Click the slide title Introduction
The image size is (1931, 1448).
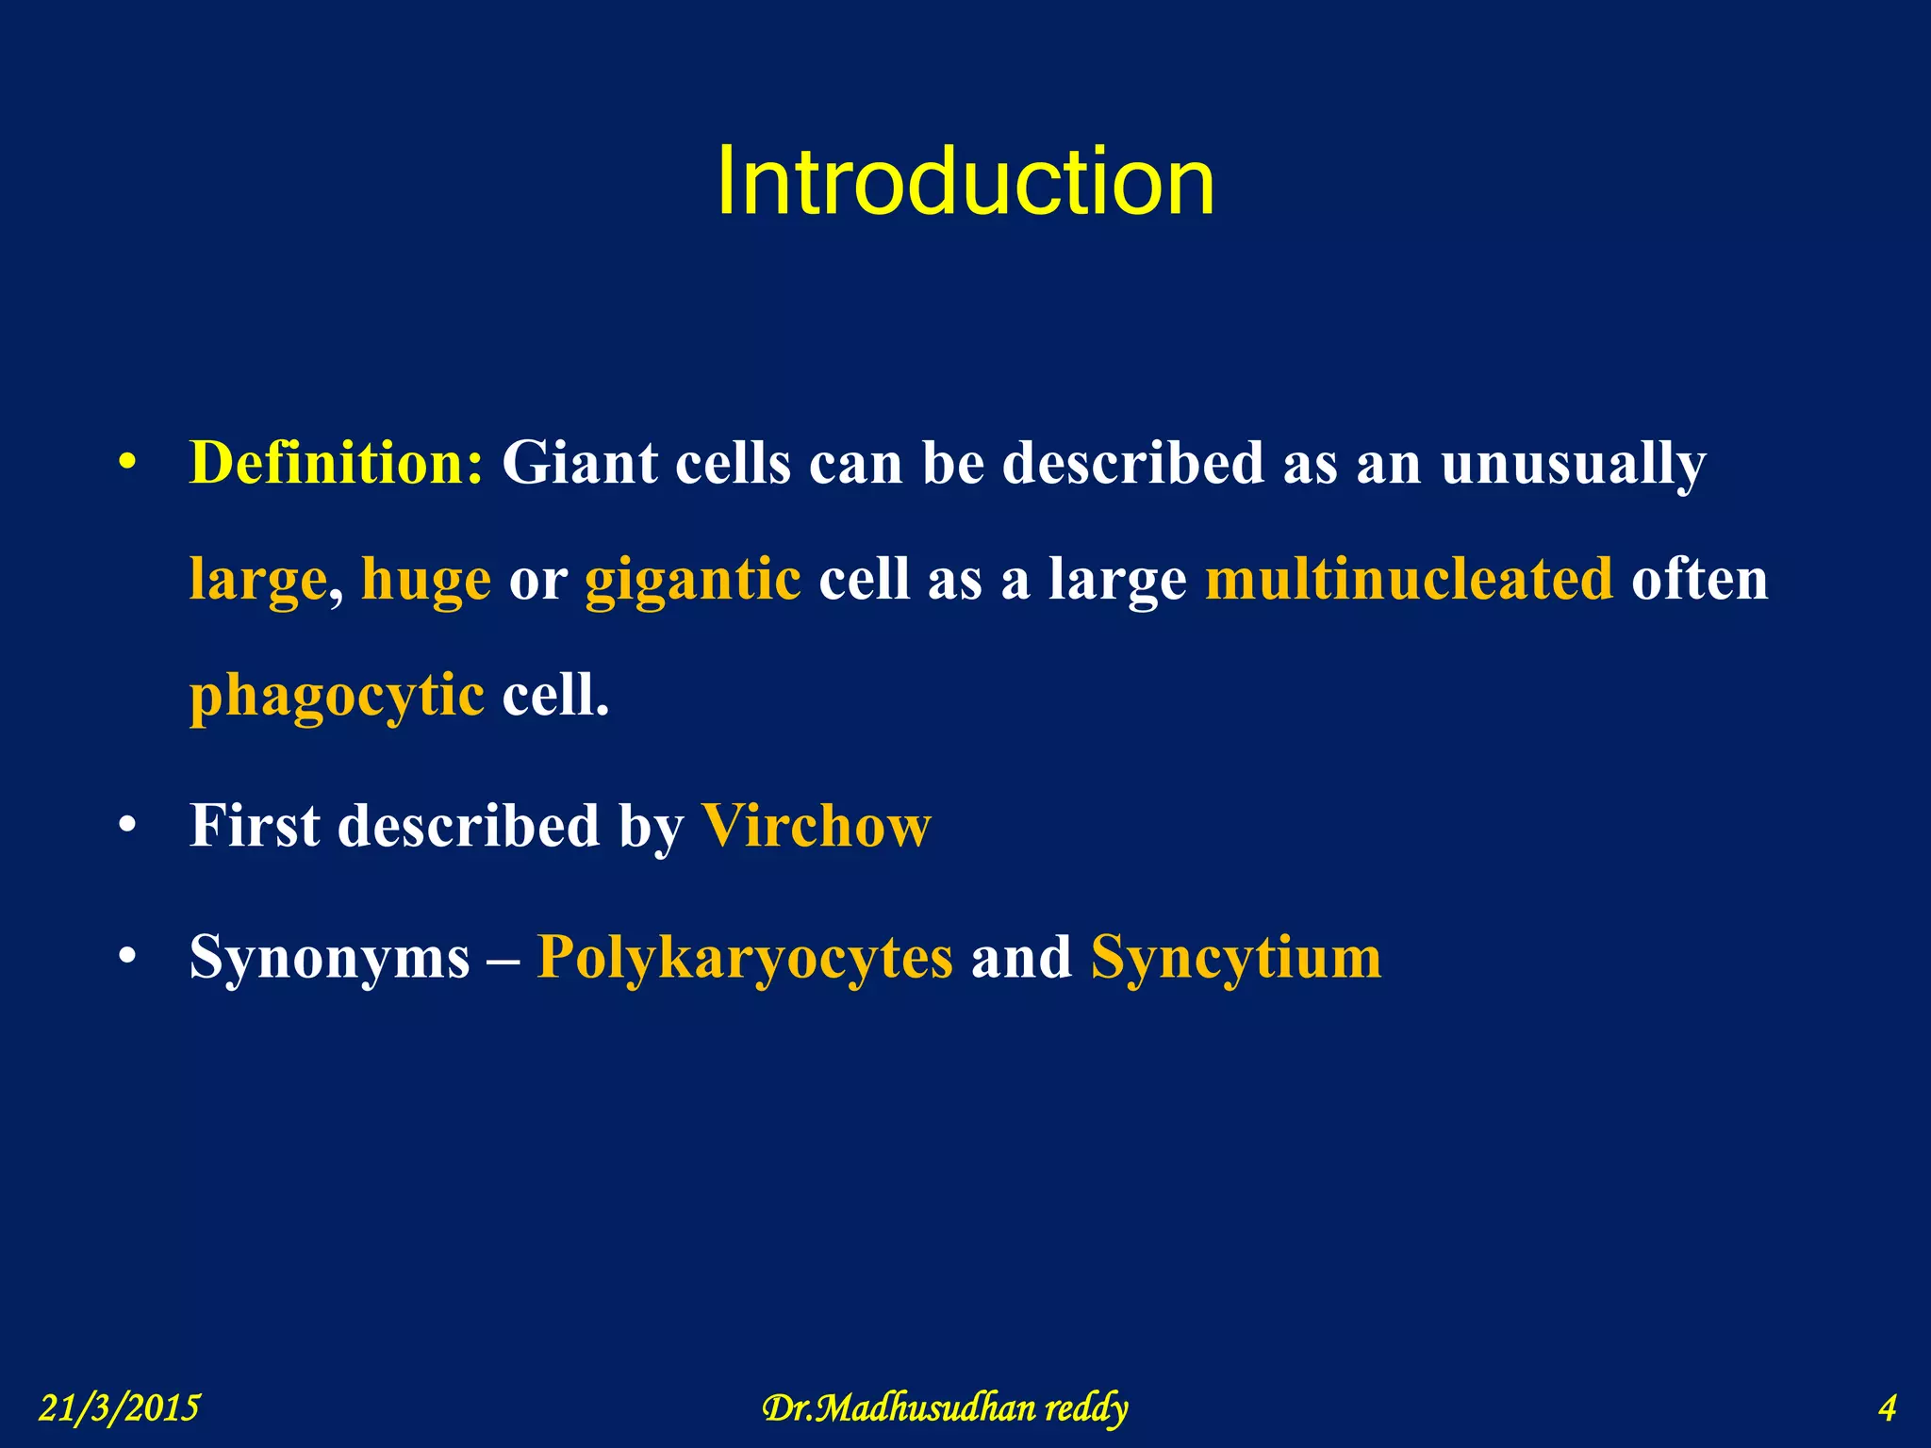(965, 182)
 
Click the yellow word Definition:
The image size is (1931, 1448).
(337, 464)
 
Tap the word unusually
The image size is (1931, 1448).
(1573, 464)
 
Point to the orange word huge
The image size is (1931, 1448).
(426, 579)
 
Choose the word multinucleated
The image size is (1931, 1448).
(1410, 579)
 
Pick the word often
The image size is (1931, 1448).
(1699, 579)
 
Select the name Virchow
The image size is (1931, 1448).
(816, 827)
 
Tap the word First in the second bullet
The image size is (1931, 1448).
(255, 827)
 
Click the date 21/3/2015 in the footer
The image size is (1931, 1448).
(120, 1407)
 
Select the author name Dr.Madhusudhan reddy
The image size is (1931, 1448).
(945, 1407)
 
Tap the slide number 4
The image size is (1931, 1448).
(1887, 1407)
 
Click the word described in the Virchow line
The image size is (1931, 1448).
(469, 827)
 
